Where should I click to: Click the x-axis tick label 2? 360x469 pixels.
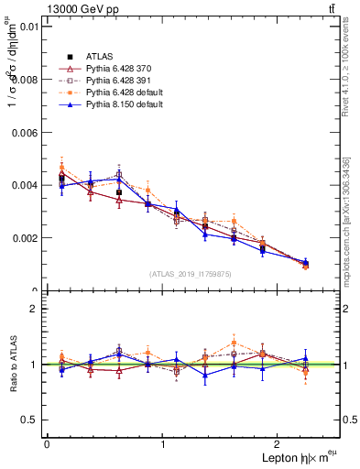(x=280, y=444)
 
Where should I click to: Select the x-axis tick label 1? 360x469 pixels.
(x=163, y=444)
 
